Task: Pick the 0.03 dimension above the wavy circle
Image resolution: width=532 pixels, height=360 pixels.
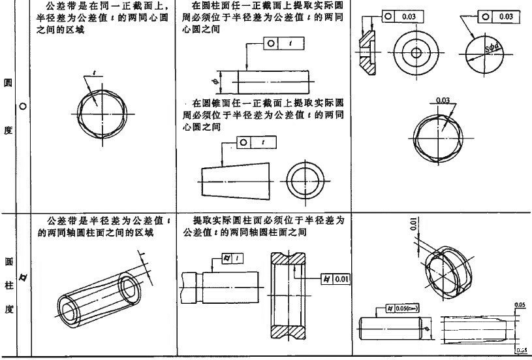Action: (443, 100)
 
